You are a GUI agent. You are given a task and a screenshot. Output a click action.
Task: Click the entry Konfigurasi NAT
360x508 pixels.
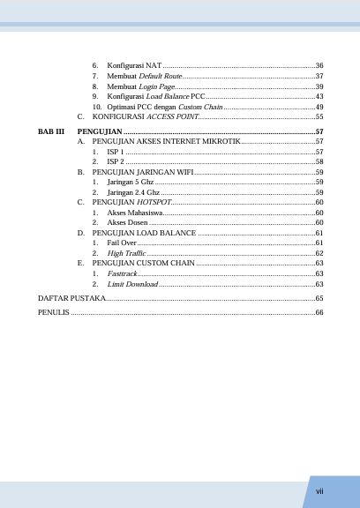(133, 66)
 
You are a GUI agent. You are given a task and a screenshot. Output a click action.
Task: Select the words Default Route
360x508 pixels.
(161, 77)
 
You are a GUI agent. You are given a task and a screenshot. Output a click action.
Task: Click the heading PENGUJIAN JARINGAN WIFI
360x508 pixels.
(143, 172)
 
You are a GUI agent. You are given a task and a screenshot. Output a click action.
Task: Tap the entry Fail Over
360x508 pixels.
(122, 242)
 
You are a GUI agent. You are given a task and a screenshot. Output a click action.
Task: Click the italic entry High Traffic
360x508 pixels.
(126, 253)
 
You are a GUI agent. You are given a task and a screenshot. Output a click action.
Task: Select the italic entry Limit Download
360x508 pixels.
(132, 284)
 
